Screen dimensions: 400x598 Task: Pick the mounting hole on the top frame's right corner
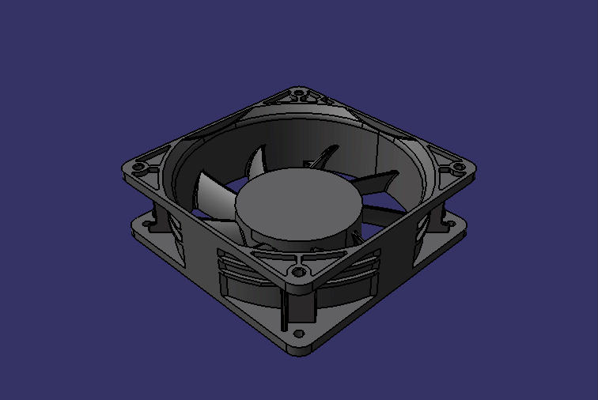457,167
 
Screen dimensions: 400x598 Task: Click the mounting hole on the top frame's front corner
298,272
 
